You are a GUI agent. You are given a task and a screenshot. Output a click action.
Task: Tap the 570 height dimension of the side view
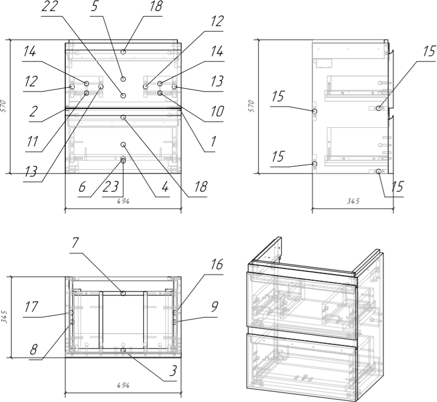pos(251,106)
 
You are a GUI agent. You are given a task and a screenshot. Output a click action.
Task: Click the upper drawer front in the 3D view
pos(301,305)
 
